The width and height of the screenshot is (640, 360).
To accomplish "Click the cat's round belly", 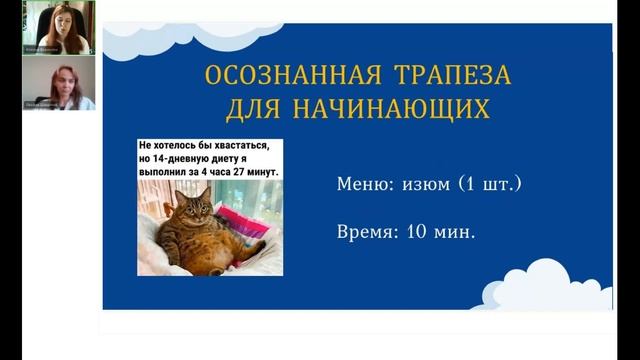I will coord(205,244).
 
